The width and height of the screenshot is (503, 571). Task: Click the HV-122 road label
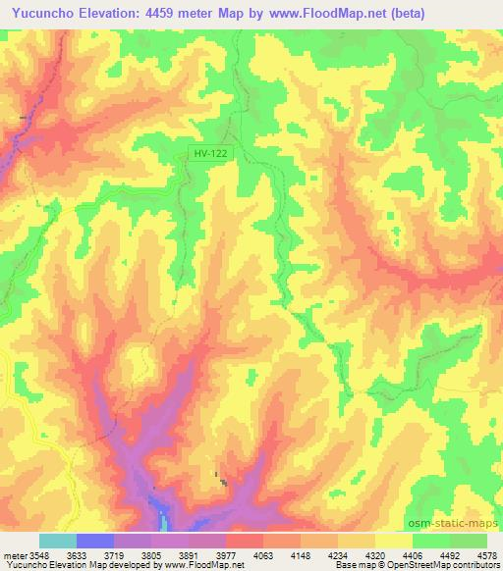pyautogui.click(x=209, y=154)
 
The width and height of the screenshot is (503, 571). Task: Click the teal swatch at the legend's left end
pyautogui.click(x=57, y=541)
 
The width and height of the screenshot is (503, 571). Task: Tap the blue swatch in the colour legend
pyautogui.click(x=95, y=541)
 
